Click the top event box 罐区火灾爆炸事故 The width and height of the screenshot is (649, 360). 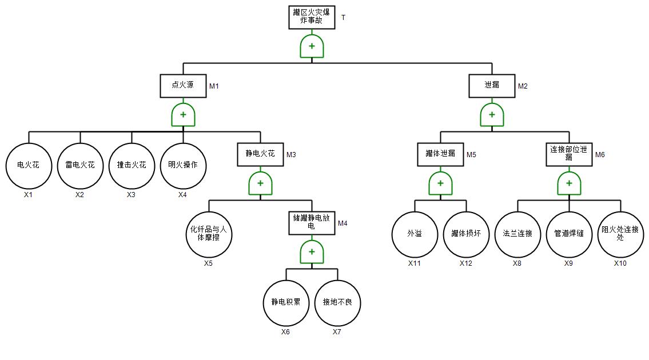(x=312, y=17)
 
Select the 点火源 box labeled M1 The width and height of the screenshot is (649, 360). (x=183, y=86)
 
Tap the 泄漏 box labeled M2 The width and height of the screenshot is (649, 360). (x=492, y=86)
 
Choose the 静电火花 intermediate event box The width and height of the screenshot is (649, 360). (x=260, y=154)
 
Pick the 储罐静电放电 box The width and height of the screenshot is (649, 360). (x=312, y=223)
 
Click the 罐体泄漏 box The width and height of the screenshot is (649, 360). (x=440, y=154)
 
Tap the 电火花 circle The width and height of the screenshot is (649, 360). (x=29, y=166)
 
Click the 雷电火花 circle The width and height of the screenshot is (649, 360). (x=80, y=166)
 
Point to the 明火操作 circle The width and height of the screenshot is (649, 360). (x=183, y=166)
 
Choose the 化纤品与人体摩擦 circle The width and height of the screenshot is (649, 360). (x=209, y=234)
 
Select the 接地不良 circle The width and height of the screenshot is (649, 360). (x=337, y=303)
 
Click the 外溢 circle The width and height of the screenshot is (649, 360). (x=415, y=234)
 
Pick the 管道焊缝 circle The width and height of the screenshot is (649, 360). (x=569, y=234)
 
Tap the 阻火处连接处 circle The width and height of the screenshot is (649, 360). (x=620, y=234)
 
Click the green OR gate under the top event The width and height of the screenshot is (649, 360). (x=312, y=46)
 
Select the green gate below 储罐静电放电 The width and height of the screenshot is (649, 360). (x=312, y=252)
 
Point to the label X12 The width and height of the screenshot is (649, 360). (x=466, y=263)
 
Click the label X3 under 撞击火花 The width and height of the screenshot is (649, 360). (x=132, y=195)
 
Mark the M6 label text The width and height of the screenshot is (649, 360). (x=600, y=155)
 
